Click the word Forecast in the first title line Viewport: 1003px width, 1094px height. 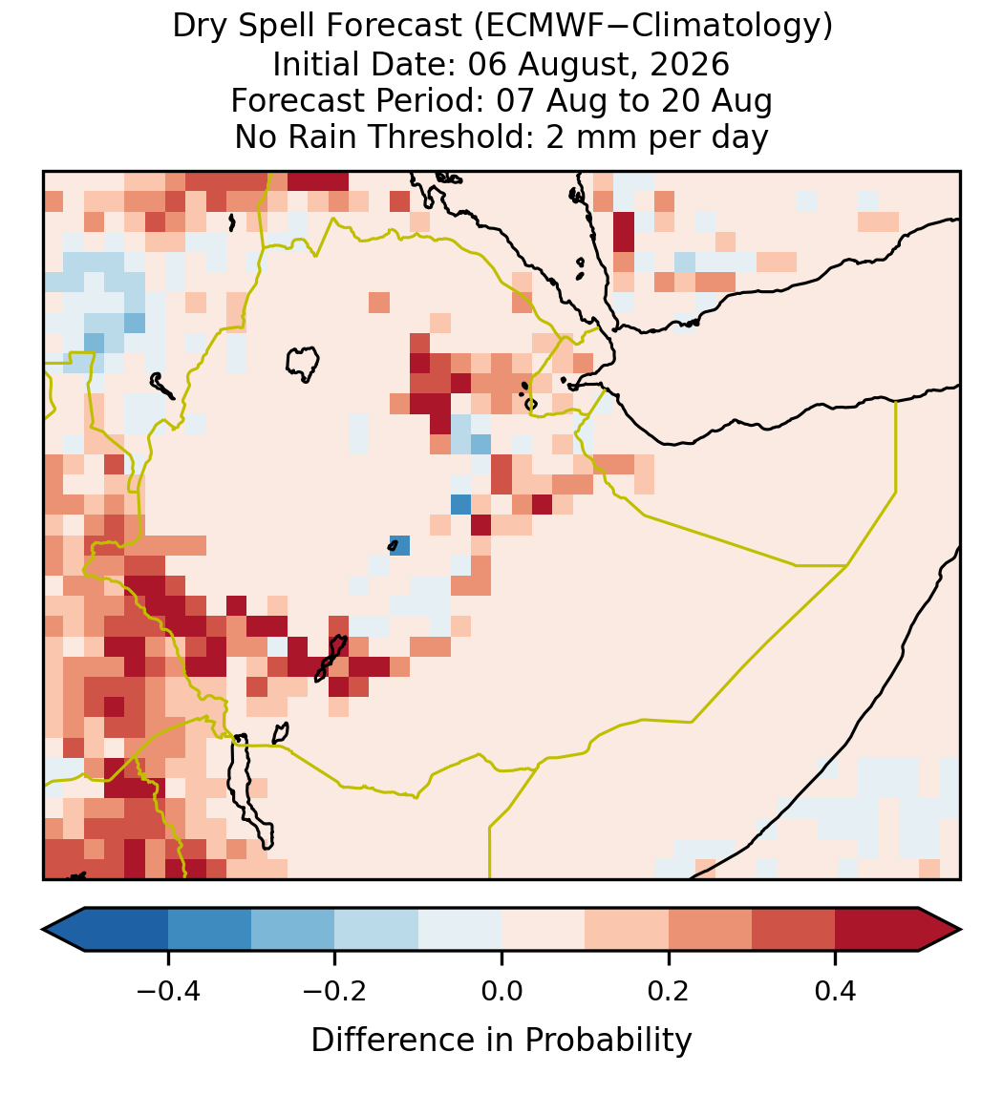click(x=394, y=27)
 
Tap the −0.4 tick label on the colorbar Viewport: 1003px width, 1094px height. click(x=168, y=991)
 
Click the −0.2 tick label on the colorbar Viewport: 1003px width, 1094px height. click(x=335, y=991)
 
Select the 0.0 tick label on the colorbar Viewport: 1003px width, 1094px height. click(x=501, y=991)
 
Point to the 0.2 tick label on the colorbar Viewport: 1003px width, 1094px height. click(x=669, y=991)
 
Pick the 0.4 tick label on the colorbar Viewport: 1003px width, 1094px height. click(x=836, y=991)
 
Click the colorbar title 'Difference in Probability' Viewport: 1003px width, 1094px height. click(x=501, y=1041)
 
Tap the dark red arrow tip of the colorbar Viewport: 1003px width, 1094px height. click(x=941, y=930)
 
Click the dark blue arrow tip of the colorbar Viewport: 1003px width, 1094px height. click(x=63, y=930)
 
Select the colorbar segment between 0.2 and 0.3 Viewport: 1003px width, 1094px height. click(x=711, y=930)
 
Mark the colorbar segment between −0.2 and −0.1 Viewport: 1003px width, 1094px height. click(x=377, y=930)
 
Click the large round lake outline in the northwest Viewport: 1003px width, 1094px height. click(x=302, y=364)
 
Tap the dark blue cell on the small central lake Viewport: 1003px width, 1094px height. click(x=400, y=545)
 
